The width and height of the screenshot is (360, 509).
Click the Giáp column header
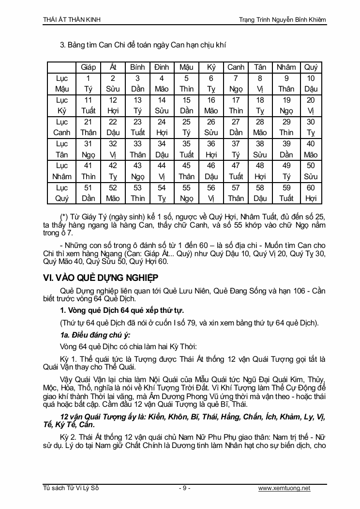tap(89, 67)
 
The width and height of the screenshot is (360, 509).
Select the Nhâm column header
tap(286, 67)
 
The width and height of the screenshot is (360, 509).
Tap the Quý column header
tap(311, 67)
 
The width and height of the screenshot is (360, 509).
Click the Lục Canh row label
tap(62, 127)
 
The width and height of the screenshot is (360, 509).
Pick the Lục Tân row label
tap(62, 149)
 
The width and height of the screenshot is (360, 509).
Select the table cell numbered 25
tap(186, 127)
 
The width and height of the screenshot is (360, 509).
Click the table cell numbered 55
tap(186, 192)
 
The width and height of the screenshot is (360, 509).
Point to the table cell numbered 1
tap(89, 83)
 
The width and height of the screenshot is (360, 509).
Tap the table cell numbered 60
tap(311, 192)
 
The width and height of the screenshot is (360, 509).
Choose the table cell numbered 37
tap(236, 149)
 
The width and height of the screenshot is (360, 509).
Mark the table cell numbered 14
tap(162, 105)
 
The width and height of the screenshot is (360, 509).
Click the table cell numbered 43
tap(137, 170)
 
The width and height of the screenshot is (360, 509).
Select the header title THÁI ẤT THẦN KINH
tap(72, 19)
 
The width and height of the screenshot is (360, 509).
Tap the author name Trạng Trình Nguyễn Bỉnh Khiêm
tap(283, 19)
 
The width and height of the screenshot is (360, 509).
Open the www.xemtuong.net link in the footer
tap(285, 488)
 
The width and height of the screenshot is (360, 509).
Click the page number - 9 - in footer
tap(184, 488)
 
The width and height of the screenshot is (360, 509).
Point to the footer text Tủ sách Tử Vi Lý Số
tap(71, 488)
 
